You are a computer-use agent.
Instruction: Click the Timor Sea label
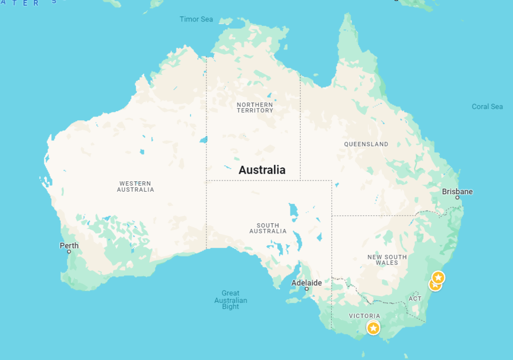pyautogui.click(x=196, y=20)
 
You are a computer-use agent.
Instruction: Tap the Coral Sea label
pyautogui.click(x=487, y=107)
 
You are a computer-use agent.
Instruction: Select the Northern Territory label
pyautogui.click(x=255, y=108)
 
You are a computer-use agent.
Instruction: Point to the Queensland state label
pyautogui.click(x=366, y=144)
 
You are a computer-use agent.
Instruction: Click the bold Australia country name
pyautogui.click(x=262, y=170)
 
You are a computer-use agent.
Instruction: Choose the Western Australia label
pyautogui.click(x=135, y=187)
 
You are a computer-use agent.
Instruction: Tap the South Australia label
pyautogui.click(x=268, y=228)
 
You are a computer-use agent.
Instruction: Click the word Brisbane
pyautogui.click(x=457, y=191)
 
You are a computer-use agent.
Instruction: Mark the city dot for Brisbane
pyautogui.click(x=457, y=198)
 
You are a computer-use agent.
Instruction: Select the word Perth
pyautogui.click(x=69, y=245)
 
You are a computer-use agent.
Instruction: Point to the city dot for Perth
pyautogui.click(x=69, y=251)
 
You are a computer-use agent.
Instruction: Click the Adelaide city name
pyautogui.click(x=306, y=282)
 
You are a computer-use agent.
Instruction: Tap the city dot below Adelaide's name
pyautogui.click(x=307, y=289)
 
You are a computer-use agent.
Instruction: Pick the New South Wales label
pyautogui.click(x=387, y=260)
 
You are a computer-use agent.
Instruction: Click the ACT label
pyautogui.click(x=415, y=298)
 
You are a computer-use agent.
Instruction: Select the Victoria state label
pyautogui.click(x=364, y=316)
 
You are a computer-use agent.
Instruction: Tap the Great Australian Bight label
pyautogui.click(x=230, y=300)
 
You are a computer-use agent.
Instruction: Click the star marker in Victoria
pyautogui.click(x=373, y=328)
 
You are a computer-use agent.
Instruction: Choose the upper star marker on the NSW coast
pyautogui.click(x=438, y=277)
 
